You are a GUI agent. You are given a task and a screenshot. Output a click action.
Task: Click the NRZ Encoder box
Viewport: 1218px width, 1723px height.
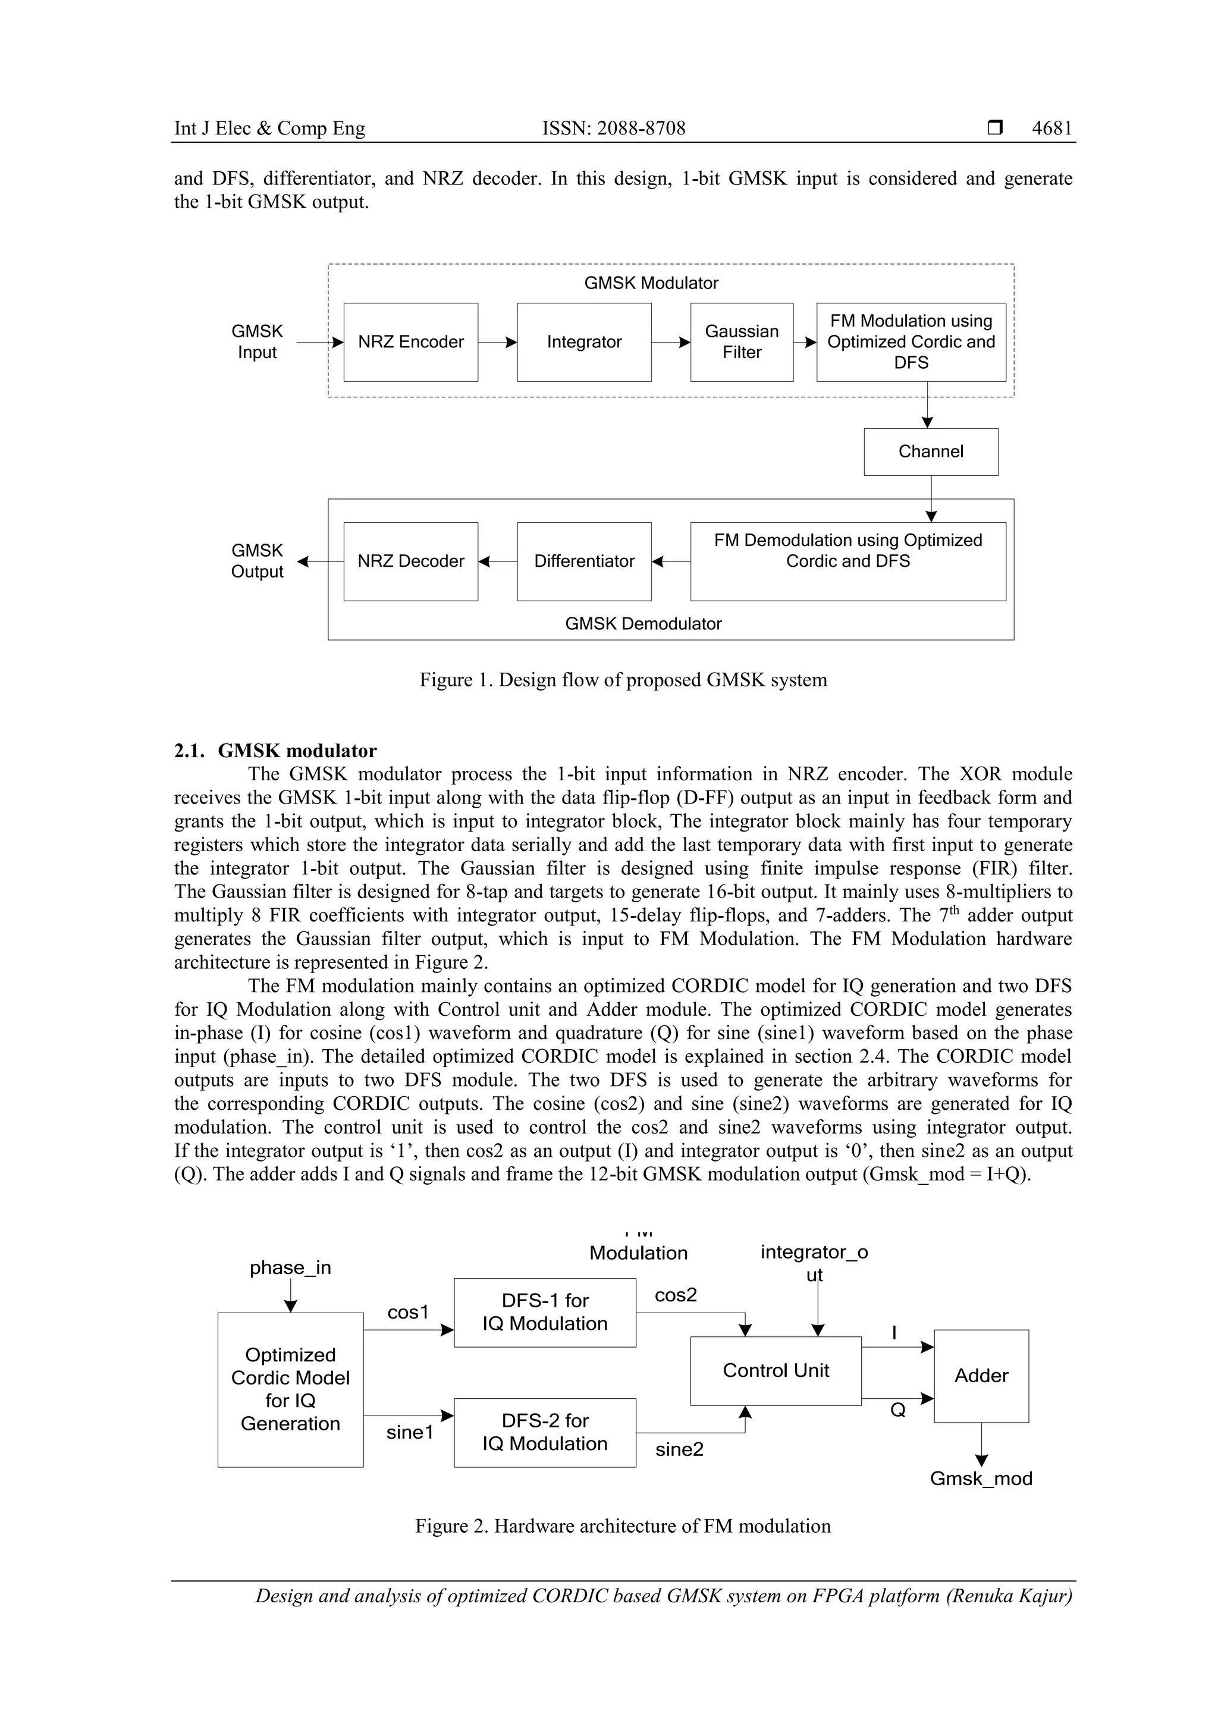point(410,342)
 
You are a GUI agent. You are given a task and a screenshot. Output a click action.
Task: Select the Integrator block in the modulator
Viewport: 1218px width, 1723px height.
point(584,342)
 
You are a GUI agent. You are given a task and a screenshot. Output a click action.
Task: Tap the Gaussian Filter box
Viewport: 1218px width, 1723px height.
point(742,342)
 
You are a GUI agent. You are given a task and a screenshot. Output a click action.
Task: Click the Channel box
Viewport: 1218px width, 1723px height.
point(931,452)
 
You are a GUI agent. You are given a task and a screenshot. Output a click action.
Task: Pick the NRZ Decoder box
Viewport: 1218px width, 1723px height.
point(410,561)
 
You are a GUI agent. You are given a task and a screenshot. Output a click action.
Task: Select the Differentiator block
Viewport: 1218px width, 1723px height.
point(584,561)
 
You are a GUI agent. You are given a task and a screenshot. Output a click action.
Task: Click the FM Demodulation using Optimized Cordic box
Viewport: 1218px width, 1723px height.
point(848,561)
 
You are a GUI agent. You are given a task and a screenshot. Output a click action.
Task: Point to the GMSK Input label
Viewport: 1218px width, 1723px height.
point(257,342)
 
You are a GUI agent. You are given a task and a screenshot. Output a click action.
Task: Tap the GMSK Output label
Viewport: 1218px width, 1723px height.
point(257,561)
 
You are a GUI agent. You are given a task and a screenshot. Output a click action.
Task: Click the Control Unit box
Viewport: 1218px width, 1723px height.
point(776,1371)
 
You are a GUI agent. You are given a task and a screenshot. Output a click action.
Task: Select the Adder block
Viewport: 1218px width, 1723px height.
point(981,1376)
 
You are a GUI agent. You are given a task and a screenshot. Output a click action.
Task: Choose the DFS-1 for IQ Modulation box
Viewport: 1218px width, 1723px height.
point(545,1313)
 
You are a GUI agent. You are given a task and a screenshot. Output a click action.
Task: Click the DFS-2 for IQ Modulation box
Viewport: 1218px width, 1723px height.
point(545,1433)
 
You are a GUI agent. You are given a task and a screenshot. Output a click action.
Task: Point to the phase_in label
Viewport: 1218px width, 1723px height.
point(290,1268)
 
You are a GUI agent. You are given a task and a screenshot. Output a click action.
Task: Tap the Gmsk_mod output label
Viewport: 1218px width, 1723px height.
point(981,1479)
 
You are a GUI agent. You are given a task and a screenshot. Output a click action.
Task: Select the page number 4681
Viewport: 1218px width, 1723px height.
point(1051,128)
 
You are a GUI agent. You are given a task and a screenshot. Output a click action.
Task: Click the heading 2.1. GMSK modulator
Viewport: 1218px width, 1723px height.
point(275,751)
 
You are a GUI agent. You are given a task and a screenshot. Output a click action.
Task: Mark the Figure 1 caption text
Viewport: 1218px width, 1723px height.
point(623,680)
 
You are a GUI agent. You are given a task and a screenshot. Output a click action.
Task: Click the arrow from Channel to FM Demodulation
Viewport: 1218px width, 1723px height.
point(931,499)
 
